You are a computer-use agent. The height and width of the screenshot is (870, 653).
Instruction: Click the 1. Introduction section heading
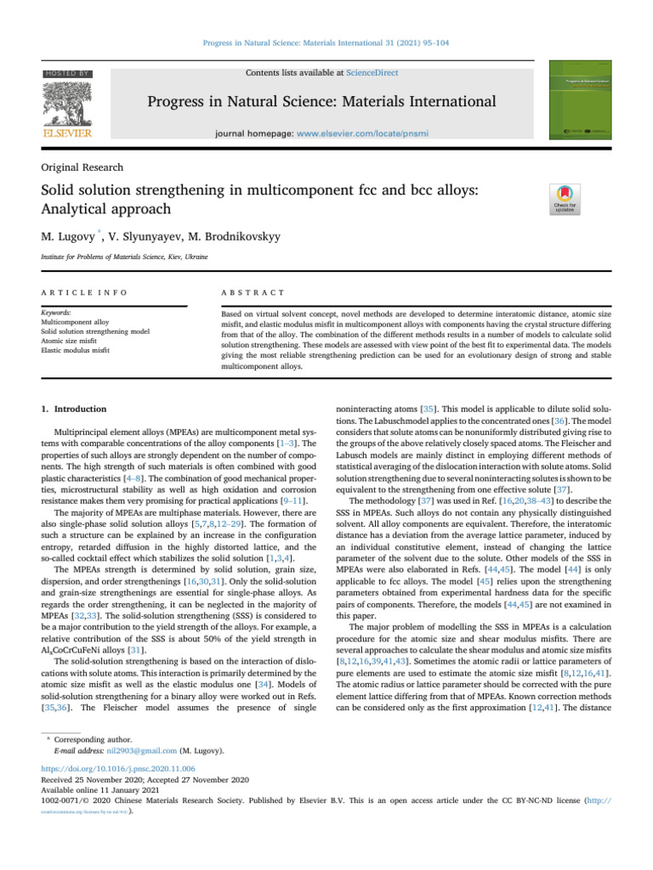click(x=74, y=409)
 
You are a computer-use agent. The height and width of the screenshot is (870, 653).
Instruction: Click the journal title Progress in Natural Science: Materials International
click(x=321, y=103)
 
